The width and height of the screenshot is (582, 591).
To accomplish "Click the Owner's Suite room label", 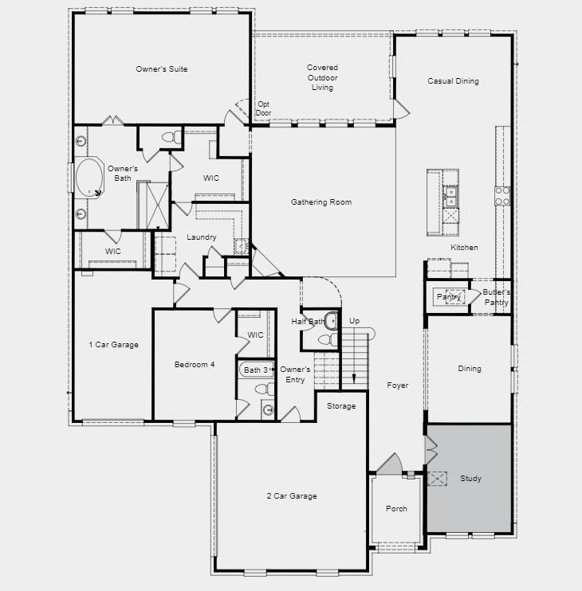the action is click(x=161, y=69).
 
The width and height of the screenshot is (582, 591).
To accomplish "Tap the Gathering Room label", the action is click(x=321, y=202).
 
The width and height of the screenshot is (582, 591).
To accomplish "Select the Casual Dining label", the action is click(x=453, y=81).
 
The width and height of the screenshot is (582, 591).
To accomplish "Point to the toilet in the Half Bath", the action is click(x=328, y=339).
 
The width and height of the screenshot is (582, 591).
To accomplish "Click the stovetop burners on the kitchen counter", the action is click(x=502, y=196).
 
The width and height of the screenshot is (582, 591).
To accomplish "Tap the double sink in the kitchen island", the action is click(x=450, y=197).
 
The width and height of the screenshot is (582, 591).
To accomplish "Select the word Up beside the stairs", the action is click(x=354, y=321).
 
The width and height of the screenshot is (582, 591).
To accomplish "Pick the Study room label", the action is click(x=470, y=479).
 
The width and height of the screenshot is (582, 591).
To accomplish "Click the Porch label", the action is click(x=396, y=508).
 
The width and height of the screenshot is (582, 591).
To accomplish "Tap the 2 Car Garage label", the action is click(x=292, y=496).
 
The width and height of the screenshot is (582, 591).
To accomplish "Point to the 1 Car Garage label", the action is click(x=113, y=345).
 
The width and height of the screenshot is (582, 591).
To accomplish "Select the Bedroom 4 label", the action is click(x=195, y=365).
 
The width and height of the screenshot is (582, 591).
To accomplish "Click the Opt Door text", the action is click(x=263, y=108).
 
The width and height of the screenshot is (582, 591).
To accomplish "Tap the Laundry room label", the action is click(x=202, y=237).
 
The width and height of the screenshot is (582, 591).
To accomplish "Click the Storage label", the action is click(x=341, y=406).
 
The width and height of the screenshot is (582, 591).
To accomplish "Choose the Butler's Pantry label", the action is click(x=497, y=297).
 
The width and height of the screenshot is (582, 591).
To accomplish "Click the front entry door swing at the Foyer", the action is click(x=390, y=464).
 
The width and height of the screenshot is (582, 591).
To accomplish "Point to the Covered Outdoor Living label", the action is click(x=322, y=77).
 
